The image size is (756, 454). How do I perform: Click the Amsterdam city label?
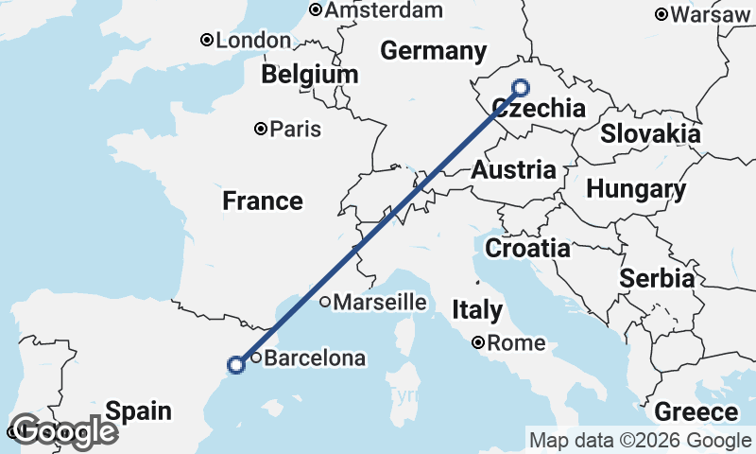pyautogui.click(x=383, y=10)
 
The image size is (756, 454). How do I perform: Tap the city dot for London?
pyautogui.click(x=206, y=40)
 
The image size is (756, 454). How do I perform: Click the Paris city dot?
pyautogui.click(x=261, y=129)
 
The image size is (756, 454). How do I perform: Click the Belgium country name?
pyautogui.click(x=310, y=75)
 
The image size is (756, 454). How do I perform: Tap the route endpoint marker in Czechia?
pyautogui.click(x=520, y=88)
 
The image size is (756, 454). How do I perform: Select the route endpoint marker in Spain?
pyautogui.click(x=236, y=364)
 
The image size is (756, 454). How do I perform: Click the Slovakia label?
pyautogui.click(x=650, y=133)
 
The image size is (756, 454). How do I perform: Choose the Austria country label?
pyautogui.click(x=513, y=171)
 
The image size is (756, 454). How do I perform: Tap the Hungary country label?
pyautogui.click(x=636, y=189)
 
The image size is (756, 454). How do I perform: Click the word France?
pyautogui.click(x=263, y=201)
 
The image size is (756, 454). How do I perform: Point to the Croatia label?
pyautogui.click(x=527, y=249)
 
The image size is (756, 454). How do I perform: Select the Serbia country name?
pyautogui.click(x=657, y=279)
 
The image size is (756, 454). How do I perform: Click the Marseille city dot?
pyautogui.click(x=324, y=303)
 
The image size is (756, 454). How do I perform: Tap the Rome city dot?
pyautogui.click(x=479, y=342)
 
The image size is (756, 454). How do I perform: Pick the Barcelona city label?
pyautogui.click(x=314, y=358)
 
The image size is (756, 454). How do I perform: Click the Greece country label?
pyautogui.click(x=696, y=412)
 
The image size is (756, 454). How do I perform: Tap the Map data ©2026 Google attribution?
pyautogui.click(x=640, y=440)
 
